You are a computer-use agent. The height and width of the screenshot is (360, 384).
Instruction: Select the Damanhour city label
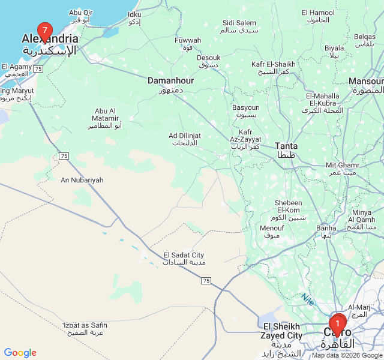click(x=170, y=84)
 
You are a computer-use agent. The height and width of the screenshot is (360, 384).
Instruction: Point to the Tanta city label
click(x=286, y=150)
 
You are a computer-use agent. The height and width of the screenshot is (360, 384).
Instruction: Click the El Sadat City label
click(x=184, y=259)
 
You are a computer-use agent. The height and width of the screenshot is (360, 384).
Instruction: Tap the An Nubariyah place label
click(x=82, y=180)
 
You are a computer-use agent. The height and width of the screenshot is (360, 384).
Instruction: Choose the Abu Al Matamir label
click(x=105, y=118)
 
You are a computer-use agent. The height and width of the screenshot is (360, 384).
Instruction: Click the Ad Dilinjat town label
click(x=185, y=139)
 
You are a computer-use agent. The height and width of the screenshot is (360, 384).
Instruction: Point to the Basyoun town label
click(x=245, y=111)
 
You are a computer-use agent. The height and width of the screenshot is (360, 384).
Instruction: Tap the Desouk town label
click(x=208, y=61)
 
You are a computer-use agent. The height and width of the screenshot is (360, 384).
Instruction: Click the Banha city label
click(x=326, y=232)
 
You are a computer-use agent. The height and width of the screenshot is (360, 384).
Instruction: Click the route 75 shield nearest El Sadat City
click(x=206, y=281)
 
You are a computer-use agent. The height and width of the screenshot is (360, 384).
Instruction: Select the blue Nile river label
click(x=308, y=298)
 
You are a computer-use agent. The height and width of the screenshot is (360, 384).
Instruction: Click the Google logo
click(x=20, y=353)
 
